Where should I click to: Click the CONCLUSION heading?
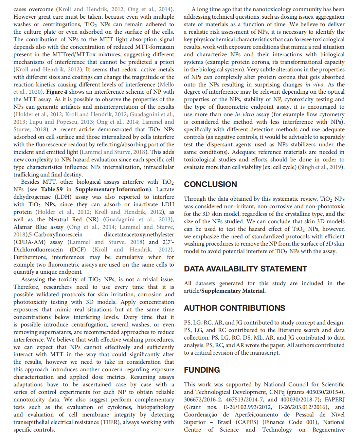pos(210,184)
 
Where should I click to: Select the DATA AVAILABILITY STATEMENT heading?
pos(245,269)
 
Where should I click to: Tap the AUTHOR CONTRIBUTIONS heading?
pos(234,308)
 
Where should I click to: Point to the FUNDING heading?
pos(202,370)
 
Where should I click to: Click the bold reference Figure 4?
pos(57,92)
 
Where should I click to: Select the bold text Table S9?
pos(52,189)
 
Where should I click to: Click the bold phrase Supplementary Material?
pos(233,291)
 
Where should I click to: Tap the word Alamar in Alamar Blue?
pos(23,227)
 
